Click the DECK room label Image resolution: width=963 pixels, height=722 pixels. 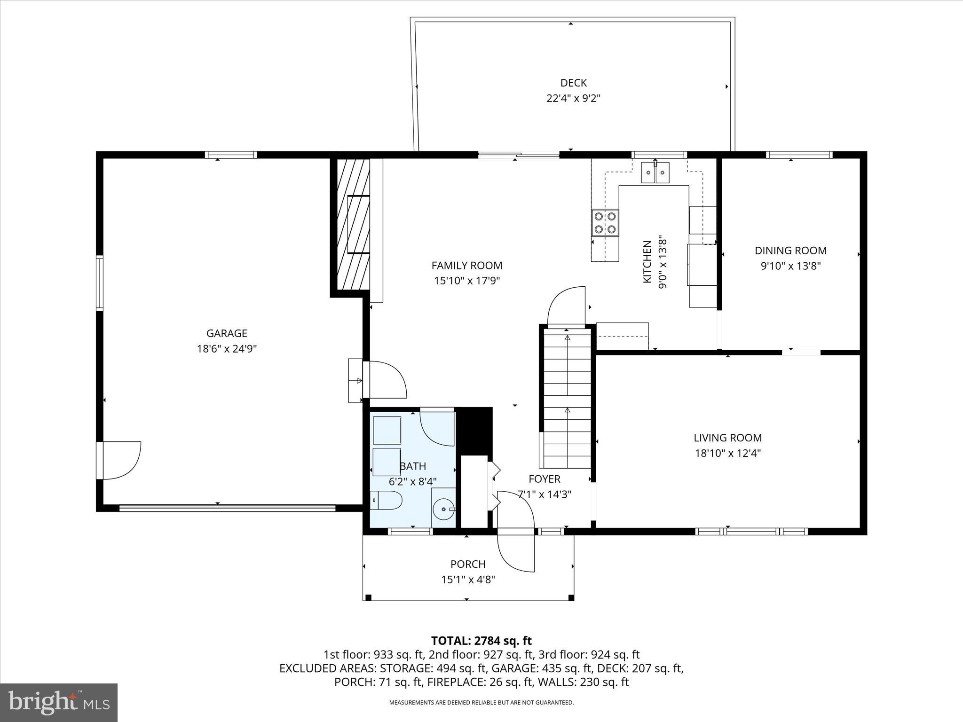[573, 83]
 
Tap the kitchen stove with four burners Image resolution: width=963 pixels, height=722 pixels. [605, 223]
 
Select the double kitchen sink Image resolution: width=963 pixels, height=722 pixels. [655, 173]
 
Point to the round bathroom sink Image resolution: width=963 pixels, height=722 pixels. [443, 509]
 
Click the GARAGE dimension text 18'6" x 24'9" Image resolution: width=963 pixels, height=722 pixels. [227, 349]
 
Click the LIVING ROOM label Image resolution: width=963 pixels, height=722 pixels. [727, 438]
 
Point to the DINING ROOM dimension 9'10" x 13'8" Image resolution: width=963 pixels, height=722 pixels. [790, 266]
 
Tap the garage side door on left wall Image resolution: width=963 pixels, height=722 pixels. [120, 460]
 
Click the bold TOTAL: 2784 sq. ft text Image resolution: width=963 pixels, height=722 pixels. [481, 641]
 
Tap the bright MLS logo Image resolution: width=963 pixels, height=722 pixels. [59, 703]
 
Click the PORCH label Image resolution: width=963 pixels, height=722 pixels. [468, 564]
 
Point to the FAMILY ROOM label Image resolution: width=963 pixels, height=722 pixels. [467, 266]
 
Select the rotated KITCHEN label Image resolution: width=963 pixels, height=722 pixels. [647, 262]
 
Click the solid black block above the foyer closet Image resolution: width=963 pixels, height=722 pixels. [475, 430]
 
